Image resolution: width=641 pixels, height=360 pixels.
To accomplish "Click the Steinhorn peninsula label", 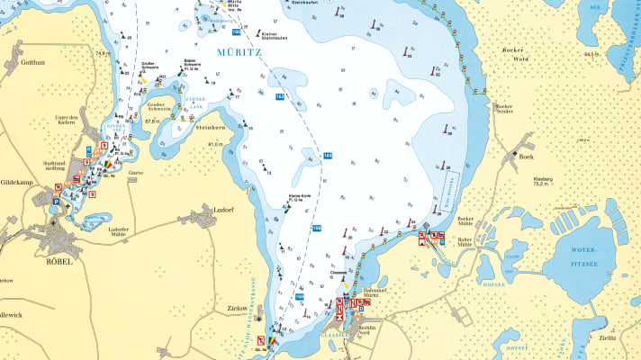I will click(x=210, y=128).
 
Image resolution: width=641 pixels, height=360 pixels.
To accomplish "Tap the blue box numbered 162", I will click(x=280, y=96).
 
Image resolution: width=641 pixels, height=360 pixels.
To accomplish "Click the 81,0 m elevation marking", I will click(x=214, y=144).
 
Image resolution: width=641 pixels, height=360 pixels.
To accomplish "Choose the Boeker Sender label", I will click(x=503, y=108).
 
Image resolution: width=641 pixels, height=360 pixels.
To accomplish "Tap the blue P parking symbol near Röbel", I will click(x=53, y=203).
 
